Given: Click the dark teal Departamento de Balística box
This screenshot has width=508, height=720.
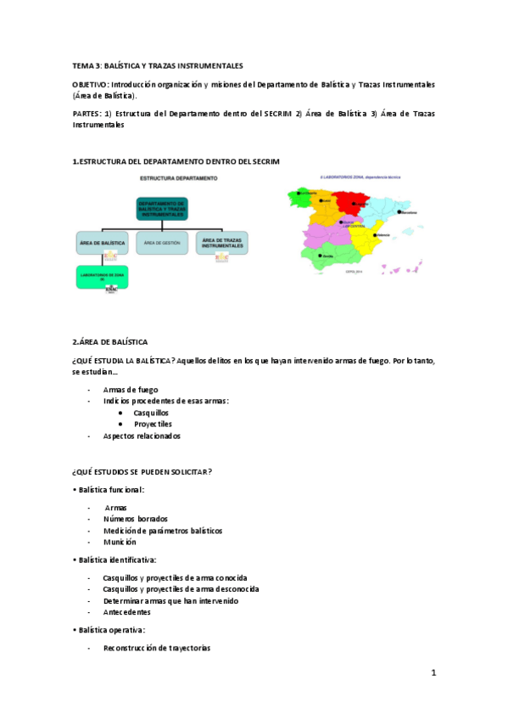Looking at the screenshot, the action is tap(162, 210).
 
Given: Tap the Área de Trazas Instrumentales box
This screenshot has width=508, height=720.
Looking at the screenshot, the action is tap(221, 244).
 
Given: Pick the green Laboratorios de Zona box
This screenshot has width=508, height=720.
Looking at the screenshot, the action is tap(102, 277).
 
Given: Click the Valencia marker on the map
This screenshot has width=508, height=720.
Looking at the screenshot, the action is tap(374, 234).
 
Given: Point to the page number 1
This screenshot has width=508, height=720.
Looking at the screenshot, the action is tap(433, 672).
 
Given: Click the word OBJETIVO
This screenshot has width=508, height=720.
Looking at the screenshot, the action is tap(87, 85).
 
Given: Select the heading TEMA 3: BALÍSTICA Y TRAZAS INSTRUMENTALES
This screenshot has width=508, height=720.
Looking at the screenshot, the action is tap(158, 65).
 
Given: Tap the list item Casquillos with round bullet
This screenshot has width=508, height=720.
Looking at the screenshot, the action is tap(151, 412).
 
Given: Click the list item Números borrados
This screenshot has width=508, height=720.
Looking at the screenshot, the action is tap(135, 518).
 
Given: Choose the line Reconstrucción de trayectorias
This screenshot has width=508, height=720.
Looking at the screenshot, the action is tap(157, 648).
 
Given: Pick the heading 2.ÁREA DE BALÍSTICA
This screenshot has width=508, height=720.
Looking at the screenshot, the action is tap(110, 341).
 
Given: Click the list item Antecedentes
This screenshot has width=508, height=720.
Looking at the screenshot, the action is tap(126, 612).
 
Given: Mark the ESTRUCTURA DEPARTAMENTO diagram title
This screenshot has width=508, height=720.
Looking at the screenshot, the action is tap(178, 178).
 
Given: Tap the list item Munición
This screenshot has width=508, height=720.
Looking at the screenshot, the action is tap(120, 542).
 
